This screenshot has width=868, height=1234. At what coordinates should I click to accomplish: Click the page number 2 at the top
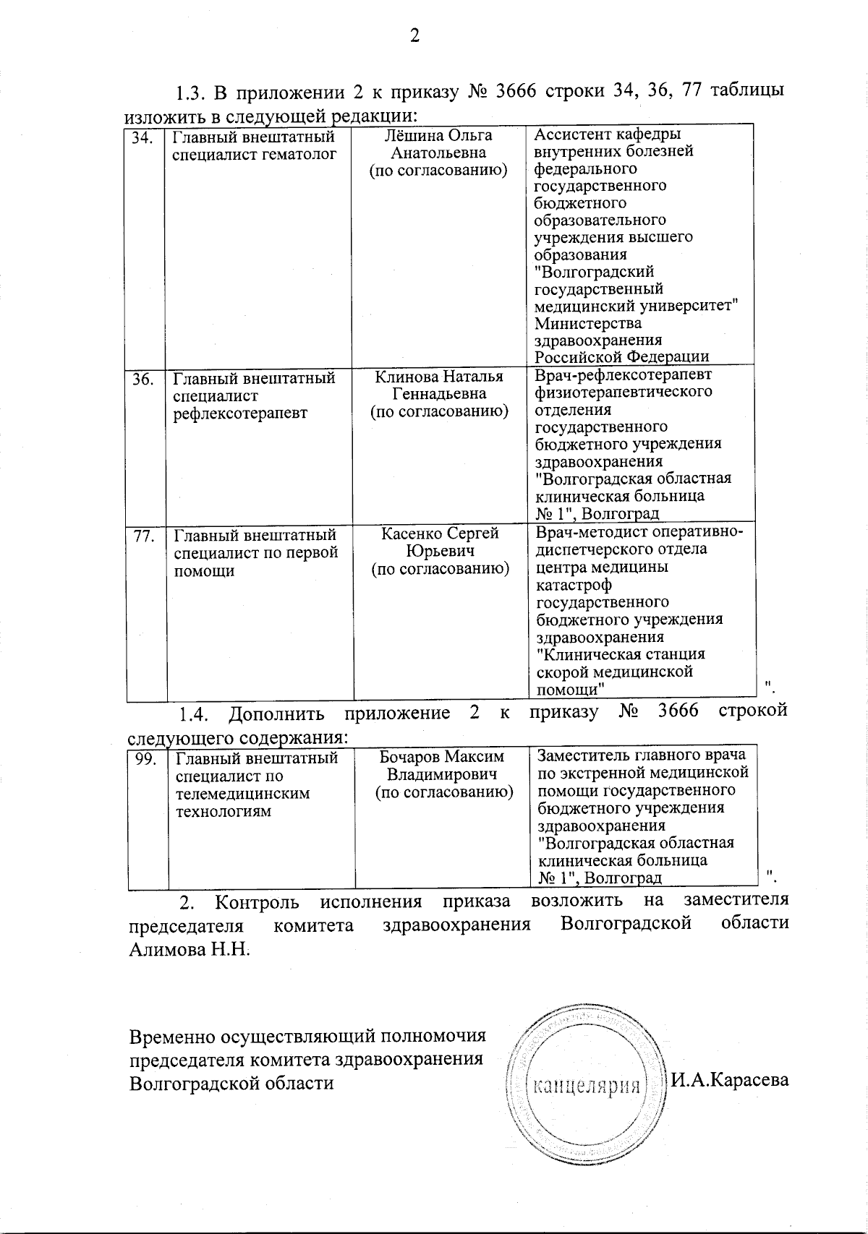[414, 36]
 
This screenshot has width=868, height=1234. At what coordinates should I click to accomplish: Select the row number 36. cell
[143, 379]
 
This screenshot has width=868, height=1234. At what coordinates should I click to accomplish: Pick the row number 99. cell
[147, 759]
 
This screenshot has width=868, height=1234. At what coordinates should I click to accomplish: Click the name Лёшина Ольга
[439, 135]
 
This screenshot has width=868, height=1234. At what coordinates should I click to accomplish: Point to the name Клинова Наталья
[439, 377]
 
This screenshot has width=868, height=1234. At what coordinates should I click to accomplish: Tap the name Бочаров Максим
[442, 757]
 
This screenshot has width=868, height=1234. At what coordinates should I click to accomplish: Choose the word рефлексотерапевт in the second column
[239, 414]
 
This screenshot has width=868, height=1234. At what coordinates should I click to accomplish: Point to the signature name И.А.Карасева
[729, 1080]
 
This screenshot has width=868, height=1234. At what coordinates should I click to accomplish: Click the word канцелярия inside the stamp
[587, 1086]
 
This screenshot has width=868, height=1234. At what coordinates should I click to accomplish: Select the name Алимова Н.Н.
[189, 949]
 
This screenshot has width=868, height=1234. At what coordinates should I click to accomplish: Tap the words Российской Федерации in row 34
[621, 356]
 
